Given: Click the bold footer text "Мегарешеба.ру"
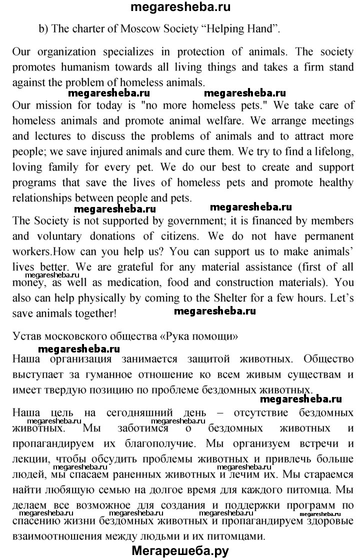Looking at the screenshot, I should click(180, 550).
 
